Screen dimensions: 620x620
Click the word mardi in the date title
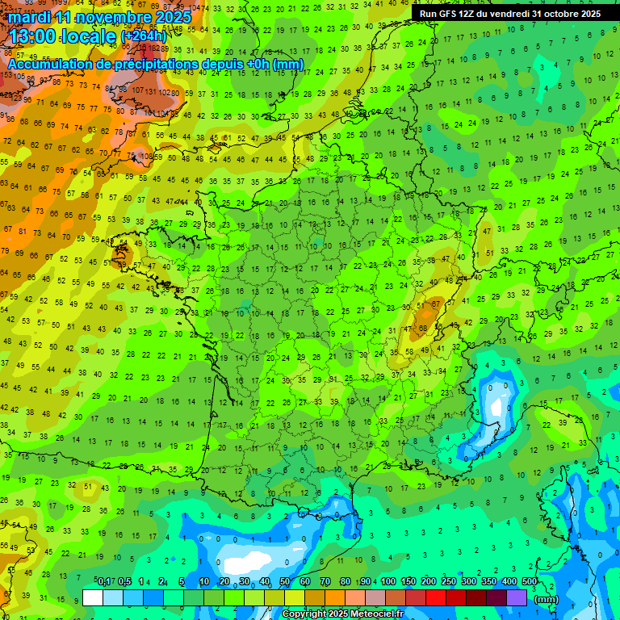(x=30, y=16)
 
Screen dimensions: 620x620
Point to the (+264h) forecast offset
(x=144, y=36)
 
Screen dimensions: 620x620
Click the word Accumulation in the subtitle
(x=52, y=64)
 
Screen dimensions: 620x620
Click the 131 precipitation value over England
(x=152, y=91)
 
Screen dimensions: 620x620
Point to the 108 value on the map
(x=146, y=157)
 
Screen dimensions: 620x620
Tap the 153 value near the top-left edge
(x=7, y=74)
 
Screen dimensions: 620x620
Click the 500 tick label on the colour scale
(x=530, y=581)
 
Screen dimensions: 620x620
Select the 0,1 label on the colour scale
(x=103, y=581)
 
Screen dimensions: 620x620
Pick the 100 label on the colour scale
(x=388, y=581)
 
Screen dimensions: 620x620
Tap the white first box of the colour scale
(x=93, y=597)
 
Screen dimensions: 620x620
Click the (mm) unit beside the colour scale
(x=547, y=599)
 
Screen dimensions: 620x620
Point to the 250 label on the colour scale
(x=449, y=581)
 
